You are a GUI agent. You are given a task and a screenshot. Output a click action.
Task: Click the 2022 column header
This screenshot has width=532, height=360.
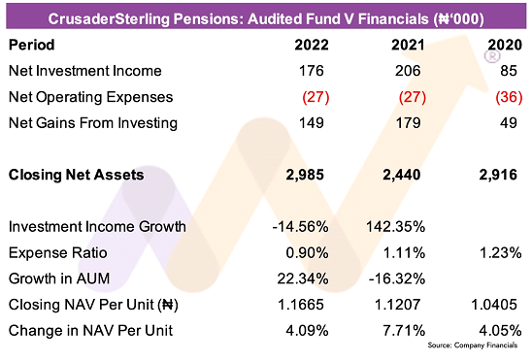click(312, 45)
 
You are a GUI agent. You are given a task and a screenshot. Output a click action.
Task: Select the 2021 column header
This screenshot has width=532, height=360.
click(408, 45)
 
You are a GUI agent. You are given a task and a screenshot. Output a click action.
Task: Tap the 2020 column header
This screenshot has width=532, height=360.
click(505, 45)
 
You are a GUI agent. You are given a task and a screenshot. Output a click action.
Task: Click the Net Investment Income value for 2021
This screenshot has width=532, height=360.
click(408, 71)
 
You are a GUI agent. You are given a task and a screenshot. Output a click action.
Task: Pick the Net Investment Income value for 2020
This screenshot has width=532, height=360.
click(509, 71)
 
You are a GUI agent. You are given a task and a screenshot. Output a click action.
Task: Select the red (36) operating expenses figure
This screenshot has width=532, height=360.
click(509, 97)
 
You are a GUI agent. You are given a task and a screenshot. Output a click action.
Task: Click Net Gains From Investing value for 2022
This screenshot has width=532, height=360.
click(312, 122)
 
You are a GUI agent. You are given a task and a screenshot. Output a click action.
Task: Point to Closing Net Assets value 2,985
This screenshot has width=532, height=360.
click(305, 175)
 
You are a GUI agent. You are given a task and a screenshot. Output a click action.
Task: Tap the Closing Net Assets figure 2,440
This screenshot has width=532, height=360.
click(402, 175)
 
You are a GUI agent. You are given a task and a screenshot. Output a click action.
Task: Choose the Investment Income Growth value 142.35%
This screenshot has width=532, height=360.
click(396, 227)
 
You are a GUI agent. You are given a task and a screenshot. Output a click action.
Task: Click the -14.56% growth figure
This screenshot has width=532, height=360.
click(301, 227)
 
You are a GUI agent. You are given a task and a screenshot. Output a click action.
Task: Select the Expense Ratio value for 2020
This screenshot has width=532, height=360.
click(500, 253)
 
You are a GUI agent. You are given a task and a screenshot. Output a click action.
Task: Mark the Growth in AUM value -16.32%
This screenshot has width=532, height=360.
click(397, 278)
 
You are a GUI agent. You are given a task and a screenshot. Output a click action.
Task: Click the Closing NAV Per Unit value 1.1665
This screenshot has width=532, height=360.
click(301, 305)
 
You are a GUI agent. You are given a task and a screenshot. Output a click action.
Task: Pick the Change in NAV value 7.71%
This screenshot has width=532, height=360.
click(404, 331)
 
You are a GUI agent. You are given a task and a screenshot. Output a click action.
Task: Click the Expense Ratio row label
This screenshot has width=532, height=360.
click(58, 253)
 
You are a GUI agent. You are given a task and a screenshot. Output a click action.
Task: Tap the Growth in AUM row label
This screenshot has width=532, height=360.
click(59, 278)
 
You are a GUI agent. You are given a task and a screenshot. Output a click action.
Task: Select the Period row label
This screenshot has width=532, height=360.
click(32, 45)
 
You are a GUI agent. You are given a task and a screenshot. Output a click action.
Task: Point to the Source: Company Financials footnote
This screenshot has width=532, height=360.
click(473, 345)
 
